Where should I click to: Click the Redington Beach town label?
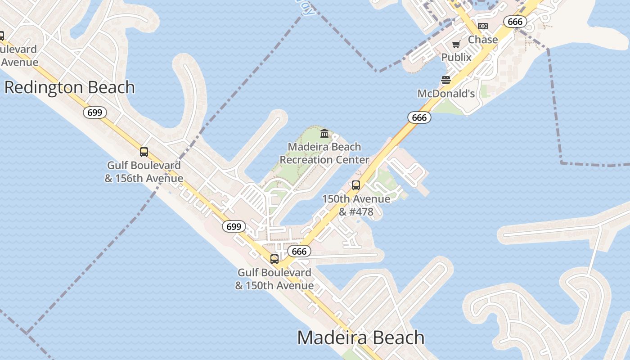point(70,87)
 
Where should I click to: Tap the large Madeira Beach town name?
point(361,337)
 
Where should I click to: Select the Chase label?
point(483,40)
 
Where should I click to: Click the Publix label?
point(456,57)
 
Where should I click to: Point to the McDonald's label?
point(446,94)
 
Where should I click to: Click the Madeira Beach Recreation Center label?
point(324,153)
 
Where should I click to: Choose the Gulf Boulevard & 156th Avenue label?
point(144,171)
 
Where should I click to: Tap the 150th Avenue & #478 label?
point(356,205)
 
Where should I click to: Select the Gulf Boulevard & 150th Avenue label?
point(274,279)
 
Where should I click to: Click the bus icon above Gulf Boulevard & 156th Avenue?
point(144,152)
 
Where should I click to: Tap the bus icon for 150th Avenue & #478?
point(356,185)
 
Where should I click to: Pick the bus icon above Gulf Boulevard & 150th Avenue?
point(274,259)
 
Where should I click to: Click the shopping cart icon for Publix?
point(456,44)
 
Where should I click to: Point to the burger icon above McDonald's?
point(446,80)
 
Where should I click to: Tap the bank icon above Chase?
point(483,26)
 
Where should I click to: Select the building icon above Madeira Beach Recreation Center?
point(324,133)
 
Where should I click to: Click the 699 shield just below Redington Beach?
point(95,112)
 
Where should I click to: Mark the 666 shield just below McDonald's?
point(419,118)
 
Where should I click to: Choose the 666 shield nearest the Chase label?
point(515,22)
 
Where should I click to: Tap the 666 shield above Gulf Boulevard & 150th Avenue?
point(299,251)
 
